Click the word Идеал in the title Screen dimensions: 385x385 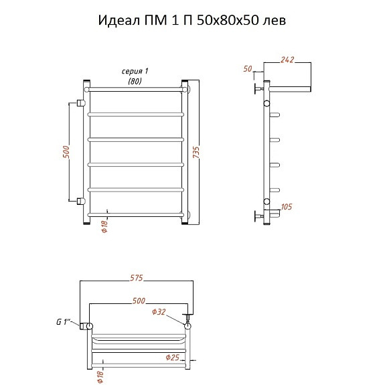[x=119, y=20]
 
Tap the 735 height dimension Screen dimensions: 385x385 [x=196, y=152]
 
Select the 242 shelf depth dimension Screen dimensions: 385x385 [x=287, y=60]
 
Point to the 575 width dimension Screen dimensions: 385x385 [x=137, y=278]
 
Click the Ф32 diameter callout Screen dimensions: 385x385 [x=159, y=312]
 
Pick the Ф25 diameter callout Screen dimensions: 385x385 [x=172, y=358]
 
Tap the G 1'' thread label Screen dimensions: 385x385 [x=64, y=321]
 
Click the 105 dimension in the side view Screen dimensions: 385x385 [x=287, y=206]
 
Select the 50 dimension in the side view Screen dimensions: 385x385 [x=248, y=69]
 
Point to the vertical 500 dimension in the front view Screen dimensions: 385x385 [x=66, y=152]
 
